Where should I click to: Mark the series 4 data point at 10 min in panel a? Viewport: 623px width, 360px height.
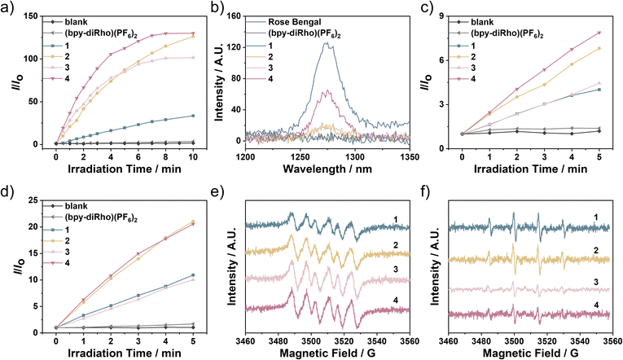tap(192, 33)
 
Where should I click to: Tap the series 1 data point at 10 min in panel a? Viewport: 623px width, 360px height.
tap(192, 116)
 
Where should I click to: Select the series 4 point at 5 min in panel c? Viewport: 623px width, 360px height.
tap(599, 33)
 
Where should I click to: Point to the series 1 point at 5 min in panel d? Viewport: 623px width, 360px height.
tap(192, 274)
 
